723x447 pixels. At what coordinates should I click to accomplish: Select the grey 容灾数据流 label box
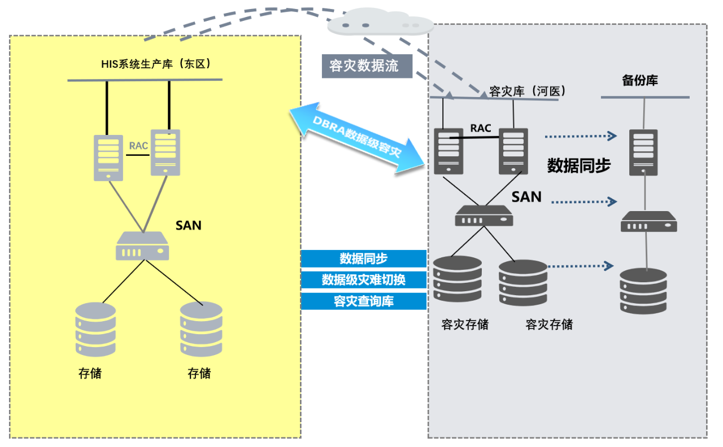click(364, 66)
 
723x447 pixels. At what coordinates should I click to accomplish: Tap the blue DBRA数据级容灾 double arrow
click(357, 138)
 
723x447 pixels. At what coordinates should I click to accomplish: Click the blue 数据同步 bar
click(363, 258)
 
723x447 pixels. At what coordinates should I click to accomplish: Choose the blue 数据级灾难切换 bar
click(363, 279)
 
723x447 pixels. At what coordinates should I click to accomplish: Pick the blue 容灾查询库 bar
click(363, 301)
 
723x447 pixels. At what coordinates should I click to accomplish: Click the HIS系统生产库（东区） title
click(156, 64)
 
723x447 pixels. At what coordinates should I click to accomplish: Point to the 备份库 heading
click(640, 81)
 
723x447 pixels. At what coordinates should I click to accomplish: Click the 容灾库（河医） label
click(526, 91)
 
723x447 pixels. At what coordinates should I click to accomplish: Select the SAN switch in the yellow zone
click(142, 247)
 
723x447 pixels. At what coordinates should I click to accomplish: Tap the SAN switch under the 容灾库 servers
click(484, 216)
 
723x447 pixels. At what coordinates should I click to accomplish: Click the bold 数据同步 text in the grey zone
click(579, 165)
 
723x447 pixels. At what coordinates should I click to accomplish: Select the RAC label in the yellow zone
click(138, 146)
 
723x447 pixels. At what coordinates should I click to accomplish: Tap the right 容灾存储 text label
click(548, 325)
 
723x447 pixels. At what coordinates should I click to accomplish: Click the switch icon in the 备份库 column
click(648, 222)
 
